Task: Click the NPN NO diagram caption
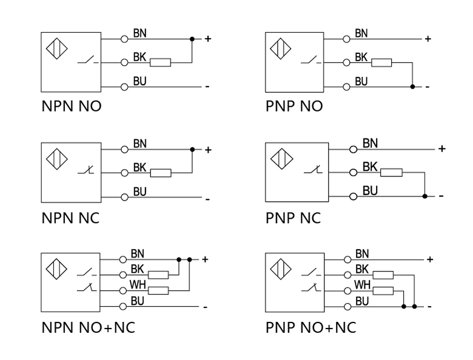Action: [x=71, y=107]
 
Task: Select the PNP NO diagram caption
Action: [x=294, y=107]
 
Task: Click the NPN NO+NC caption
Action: [x=88, y=328]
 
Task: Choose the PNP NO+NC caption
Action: [x=310, y=328]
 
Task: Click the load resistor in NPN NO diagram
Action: [x=161, y=62]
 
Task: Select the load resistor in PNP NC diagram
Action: [x=392, y=172]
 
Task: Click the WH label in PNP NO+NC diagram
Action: [x=362, y=284]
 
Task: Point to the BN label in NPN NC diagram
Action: [x=140, y=144]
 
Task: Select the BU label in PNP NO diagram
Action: [x=361, y=81]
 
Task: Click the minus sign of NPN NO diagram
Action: [x=207, y=87]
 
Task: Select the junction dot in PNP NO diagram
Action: [x=413, y=87]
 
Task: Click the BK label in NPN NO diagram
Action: [x=139, y=57]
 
